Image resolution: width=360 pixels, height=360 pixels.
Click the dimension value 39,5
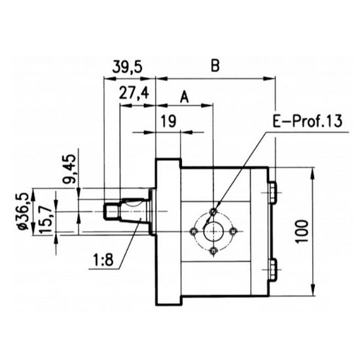pyautogui.click(x=128, y=67)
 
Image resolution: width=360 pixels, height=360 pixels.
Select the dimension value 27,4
pyautogui.click(x=134, y=93)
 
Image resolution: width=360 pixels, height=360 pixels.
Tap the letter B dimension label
pyautogui.click(x=215, y=66)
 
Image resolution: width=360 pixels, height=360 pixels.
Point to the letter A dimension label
pyautogui.click(x=184, y=97)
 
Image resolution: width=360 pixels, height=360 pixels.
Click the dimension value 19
pyautogui.click(x=168, y=121)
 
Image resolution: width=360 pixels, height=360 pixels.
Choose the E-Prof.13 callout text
pyautogui.click(x=307, y=121)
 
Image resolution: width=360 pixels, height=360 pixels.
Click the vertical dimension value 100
pyautogui.click(x=302, y=231)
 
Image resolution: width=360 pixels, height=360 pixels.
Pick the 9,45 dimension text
pyautogui.click(x=69, y=169)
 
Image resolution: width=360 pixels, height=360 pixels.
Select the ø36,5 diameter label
pyautogui.click(x=23, y=211)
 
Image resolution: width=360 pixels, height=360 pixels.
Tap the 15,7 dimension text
pyautogui.click(x=44, y=219)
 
